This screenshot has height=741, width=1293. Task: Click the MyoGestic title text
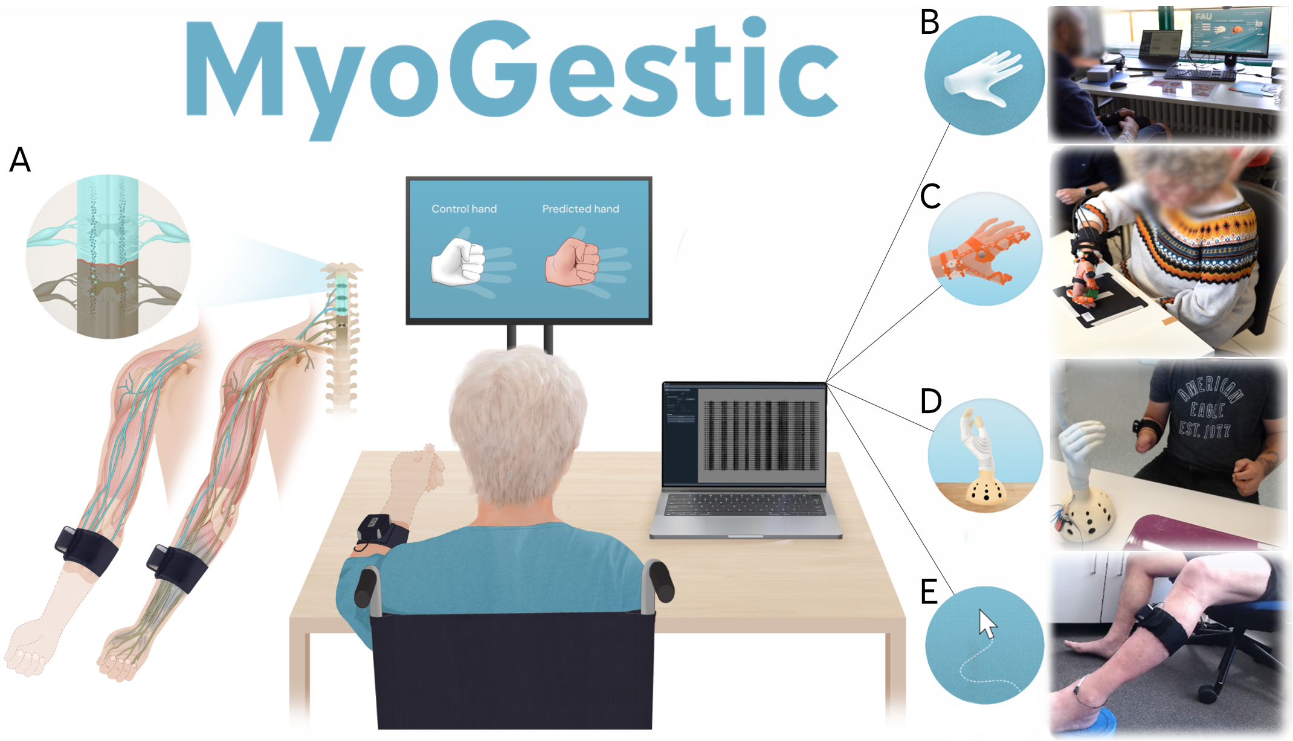511,72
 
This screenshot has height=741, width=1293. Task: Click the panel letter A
20,160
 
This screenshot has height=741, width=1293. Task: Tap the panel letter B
929,22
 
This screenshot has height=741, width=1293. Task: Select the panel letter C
930,196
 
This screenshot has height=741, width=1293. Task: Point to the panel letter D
930,401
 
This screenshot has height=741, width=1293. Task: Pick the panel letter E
929,592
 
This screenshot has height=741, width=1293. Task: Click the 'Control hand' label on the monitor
464,209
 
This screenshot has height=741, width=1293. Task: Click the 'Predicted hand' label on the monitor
580,209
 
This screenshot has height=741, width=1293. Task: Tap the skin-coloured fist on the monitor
572,261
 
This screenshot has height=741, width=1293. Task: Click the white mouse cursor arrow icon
987,624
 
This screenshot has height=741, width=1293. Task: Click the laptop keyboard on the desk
745,505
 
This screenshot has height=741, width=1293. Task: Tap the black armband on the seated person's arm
381,531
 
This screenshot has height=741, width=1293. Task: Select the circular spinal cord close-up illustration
108,257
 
